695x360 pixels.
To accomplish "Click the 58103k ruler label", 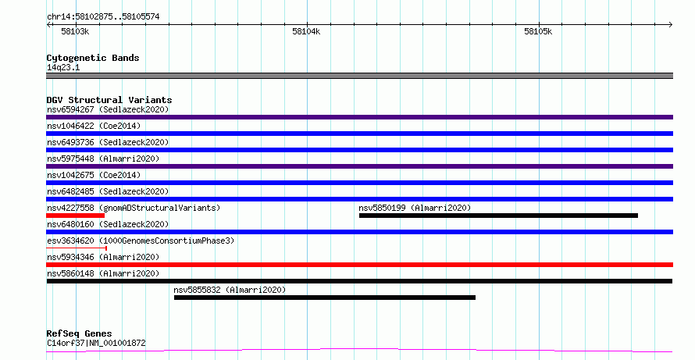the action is [75, 31].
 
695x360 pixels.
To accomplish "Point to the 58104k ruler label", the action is [306, 31].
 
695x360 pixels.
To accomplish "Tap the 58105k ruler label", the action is [538, 31].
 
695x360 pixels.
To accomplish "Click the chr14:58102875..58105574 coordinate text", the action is [103, 17].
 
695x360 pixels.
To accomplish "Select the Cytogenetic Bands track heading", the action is [93, 58].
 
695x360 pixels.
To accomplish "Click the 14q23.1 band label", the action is [63, 67].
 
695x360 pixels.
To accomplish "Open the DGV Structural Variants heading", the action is [109, 100].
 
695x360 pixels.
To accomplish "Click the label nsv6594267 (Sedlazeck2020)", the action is [108, 109].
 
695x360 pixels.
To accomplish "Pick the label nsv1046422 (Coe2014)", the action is [94, 126].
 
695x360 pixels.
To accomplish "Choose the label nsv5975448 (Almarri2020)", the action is [103, 159].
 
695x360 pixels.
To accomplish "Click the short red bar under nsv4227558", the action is [75, 216].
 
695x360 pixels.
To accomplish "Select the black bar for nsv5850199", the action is [499, 216].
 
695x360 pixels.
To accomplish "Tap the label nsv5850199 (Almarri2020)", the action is [415, 208].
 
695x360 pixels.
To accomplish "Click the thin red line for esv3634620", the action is [77, 248].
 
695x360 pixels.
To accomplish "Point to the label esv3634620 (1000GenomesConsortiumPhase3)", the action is [141, 241].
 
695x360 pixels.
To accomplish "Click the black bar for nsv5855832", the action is [325, 298].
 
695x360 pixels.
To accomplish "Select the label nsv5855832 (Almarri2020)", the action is [230, 290].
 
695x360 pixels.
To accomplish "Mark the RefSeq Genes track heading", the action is [79, 333].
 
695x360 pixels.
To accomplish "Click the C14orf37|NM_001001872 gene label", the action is [96, 343].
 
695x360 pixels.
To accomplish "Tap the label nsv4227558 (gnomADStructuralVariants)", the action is [134, 208].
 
